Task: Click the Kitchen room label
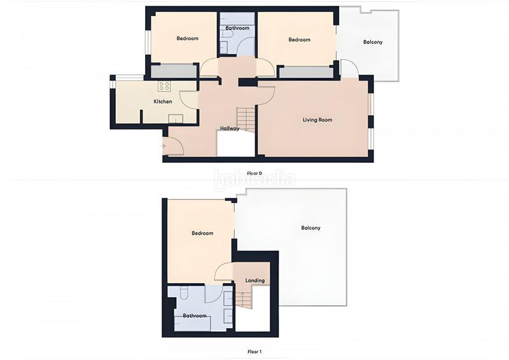(163, 102)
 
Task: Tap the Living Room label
(317, 120)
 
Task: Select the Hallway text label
(230, 128)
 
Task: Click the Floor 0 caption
(254, 173)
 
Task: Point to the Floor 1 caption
(254, 351)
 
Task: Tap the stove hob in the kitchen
(164, 86)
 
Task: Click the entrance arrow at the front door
(164, 146)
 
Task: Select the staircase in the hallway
(246, 119)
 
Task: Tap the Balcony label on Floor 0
(373, 42)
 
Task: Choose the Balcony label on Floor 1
(310, 228)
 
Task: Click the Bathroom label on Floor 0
(237, 28)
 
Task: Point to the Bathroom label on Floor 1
(195, 315)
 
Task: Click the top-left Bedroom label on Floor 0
(187, 38)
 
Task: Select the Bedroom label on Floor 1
(202, 233)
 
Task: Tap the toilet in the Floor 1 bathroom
(183, 293)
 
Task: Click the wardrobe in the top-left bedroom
(174, 71)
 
